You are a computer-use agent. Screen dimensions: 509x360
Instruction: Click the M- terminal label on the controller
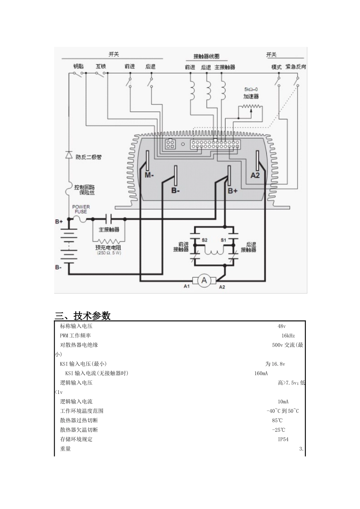[149, 175]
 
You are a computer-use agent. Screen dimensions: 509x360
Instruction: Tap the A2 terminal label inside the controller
[255, 175]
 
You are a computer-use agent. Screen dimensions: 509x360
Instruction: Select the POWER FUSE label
[81, 209]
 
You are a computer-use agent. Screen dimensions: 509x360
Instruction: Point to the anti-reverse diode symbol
[69, 155]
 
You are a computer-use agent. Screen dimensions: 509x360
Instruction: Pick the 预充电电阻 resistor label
[108, 247]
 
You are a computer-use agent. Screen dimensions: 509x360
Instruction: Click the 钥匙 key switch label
[78, 67]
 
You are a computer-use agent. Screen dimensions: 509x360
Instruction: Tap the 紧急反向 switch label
[296, 67]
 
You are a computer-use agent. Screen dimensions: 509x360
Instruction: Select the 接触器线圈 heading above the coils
[206, 56]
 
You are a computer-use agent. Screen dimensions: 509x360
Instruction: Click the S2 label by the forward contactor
[204, 240]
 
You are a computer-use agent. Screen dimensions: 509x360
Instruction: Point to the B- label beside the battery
[58, 267]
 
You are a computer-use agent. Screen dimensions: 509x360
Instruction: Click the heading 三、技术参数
[83, 315]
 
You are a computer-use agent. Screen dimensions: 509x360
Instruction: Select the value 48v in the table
[282, 326]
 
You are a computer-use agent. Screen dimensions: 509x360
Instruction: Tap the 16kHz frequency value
[288, 336]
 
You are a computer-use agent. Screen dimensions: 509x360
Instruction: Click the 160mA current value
[261, 373]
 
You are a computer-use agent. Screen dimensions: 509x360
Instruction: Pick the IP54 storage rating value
[283, 439]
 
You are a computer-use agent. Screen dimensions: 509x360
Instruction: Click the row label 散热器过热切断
[79, 420]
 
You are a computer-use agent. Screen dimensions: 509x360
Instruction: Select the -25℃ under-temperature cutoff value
[279, 430]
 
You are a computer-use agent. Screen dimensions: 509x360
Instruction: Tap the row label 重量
[66, 449]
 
